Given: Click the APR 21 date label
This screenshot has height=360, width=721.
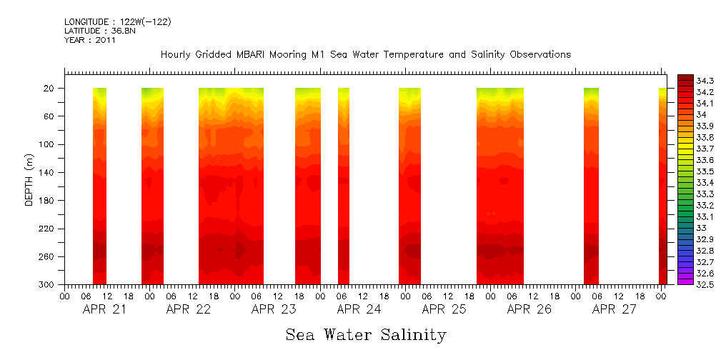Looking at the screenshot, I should (104, 309).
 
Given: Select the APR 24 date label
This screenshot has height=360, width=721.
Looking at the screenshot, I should (358, 309).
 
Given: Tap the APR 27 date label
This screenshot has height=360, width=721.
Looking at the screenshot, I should (614, 309).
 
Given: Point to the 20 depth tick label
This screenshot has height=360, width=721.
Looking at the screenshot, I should (50, 89).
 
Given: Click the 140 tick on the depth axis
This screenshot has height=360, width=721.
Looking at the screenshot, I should (47, 173).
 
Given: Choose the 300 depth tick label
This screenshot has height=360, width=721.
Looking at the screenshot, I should (47, 285).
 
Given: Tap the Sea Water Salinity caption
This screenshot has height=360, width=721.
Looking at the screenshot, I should (366, 334).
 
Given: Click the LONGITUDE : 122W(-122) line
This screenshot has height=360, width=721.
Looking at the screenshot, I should (117, 22).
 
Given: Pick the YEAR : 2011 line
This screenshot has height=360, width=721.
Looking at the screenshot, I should (89, 40).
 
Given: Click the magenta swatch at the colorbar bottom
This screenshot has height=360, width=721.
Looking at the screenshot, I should (685, 281).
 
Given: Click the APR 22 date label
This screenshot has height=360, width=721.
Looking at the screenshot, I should (188, 309).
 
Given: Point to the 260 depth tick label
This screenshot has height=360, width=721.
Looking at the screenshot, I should (47, 257).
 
